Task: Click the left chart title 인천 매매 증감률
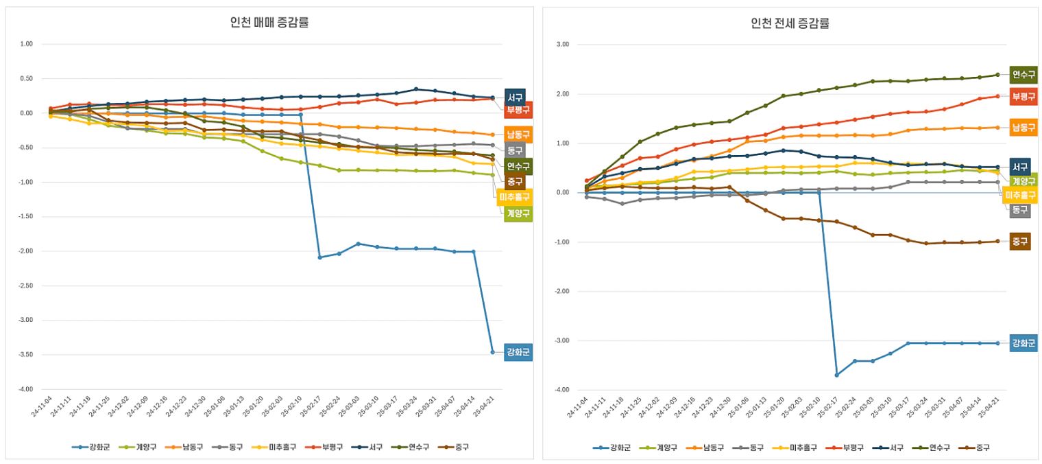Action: click(269, 22)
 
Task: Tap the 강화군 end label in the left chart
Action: click(518, 352)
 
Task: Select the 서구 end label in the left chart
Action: click(515, 97)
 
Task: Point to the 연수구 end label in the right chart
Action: click(1023, 75)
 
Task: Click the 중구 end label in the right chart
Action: click(1020, 241)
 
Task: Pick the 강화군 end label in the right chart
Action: click(1023, 343)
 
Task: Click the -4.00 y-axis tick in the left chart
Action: click(26, 389)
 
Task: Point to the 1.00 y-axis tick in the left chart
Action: click(27, 44)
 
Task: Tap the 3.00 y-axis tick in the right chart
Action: click(563, 44)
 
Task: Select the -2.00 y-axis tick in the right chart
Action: click(561, 291)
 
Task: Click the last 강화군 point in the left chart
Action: click(492, 352)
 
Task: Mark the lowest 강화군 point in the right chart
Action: click(837, 375)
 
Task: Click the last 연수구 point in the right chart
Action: click(997, 75)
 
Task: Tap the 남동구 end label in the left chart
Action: click(518, 135)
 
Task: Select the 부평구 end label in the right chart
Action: click(1023, 97)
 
